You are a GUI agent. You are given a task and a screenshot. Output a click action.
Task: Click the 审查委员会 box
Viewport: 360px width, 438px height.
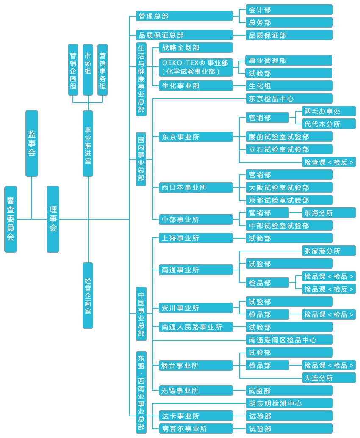tap(11, 219)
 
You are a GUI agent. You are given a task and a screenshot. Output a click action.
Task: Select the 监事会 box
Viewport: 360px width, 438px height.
tap(32, 143)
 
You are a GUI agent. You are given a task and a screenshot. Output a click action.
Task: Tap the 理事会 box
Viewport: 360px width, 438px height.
tap(53, 219)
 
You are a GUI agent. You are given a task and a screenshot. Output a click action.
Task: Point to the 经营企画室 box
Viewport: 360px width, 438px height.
tap(88, 295)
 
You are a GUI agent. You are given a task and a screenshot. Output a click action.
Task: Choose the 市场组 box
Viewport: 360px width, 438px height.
tap(88, 70)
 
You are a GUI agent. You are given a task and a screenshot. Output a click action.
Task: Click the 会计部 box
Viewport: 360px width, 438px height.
tap(289, 10)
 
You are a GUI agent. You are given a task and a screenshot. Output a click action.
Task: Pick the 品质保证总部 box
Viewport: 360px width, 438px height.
tap(184, 35)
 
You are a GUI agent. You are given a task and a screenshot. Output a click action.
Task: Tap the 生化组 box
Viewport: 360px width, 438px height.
tap(289, 86)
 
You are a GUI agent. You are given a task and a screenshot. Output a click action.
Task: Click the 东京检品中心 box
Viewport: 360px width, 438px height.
tap(289, 99)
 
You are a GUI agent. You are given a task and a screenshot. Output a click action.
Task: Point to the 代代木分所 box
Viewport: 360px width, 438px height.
tap(329, 124)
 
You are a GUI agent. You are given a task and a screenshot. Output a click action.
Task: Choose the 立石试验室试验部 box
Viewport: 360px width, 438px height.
tap(289, 149)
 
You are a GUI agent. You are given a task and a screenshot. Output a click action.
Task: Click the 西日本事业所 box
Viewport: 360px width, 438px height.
tap(196, 187)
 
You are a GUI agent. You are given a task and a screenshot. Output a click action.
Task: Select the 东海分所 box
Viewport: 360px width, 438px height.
tap(329, 213)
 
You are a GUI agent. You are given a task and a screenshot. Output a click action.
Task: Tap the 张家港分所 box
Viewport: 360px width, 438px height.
tap(329, 251)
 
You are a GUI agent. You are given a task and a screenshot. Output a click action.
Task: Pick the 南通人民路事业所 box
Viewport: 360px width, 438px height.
tap(196, 327)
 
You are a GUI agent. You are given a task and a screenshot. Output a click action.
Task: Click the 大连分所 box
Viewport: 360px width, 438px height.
tap(329, 378)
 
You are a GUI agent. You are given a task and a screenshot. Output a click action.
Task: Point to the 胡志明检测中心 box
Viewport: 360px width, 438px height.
tap(289, 403)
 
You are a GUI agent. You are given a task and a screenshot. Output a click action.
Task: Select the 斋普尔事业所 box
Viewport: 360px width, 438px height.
tap(196, 429)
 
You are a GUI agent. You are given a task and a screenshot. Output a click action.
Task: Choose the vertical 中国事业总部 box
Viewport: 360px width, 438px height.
tap(141, 314)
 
